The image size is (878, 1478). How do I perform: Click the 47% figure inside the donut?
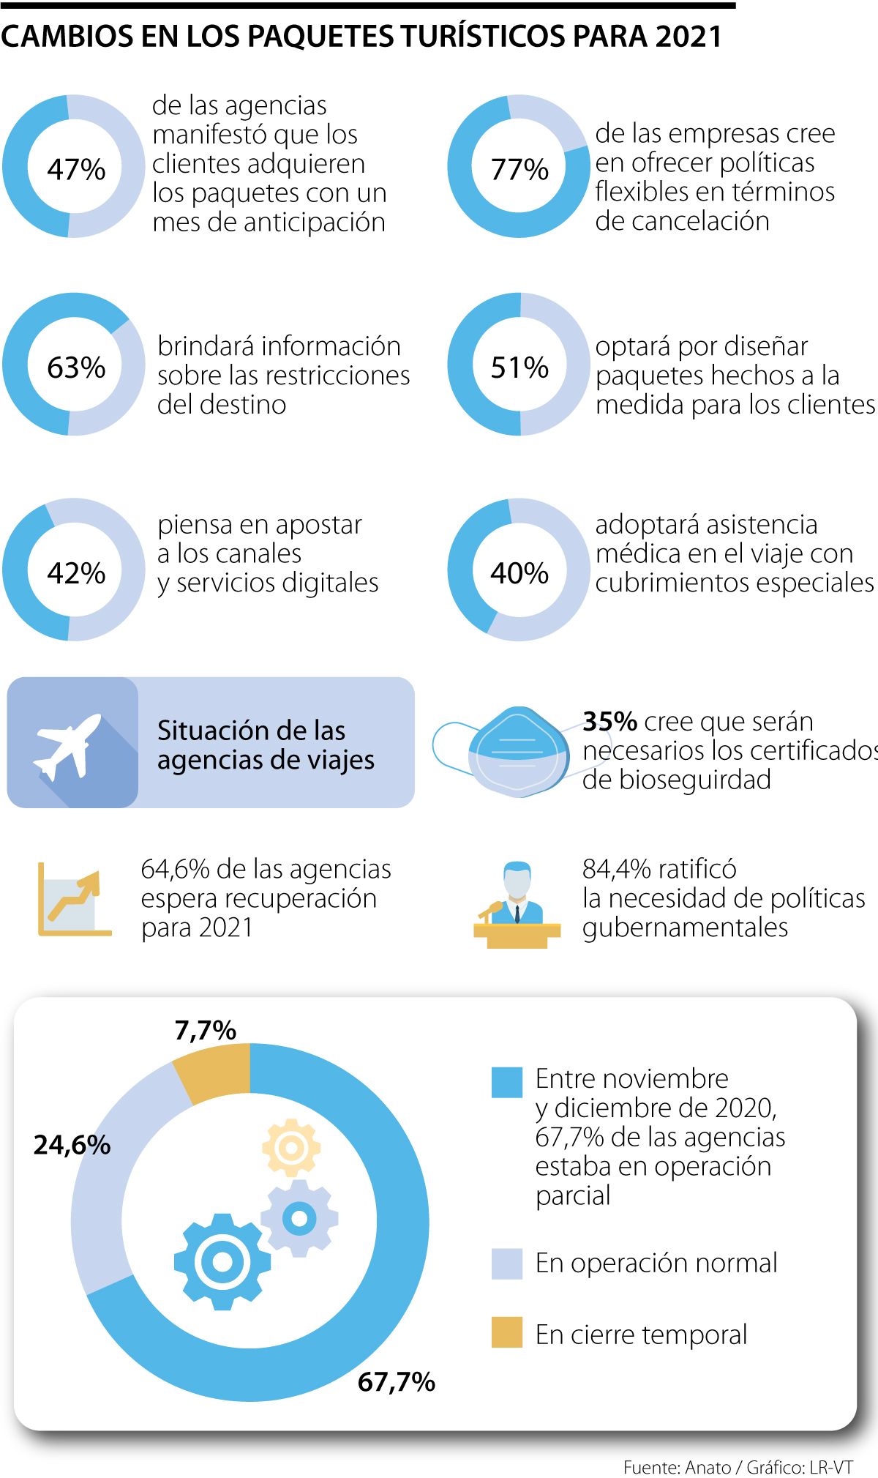point(76,169)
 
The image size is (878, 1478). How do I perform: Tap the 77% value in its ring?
point(519,169)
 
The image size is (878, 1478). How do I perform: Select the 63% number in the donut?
point(76,367)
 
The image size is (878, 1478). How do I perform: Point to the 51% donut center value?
point(519,367)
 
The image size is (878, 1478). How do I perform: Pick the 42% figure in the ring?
point(76,572)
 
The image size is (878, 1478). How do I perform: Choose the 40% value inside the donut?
point(519,572)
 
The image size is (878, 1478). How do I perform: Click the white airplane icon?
point(67,744)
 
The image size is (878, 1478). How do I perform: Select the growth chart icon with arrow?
point(73,900)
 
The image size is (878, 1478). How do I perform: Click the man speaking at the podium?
point(517,904)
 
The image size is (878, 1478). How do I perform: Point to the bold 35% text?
point(609,722)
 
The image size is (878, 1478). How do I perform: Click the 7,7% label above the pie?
point(205,1031)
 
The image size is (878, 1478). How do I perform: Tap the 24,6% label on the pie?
point(72,1145)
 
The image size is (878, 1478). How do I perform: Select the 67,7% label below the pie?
point(396,1382)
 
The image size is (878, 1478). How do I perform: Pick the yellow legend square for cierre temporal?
point(507,1332)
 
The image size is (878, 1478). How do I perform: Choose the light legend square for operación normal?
point(507,1264)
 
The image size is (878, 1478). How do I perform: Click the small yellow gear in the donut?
point(291,1147)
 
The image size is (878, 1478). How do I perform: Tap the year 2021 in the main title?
point(688,36)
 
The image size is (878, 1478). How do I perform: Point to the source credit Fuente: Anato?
point(677,1467)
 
